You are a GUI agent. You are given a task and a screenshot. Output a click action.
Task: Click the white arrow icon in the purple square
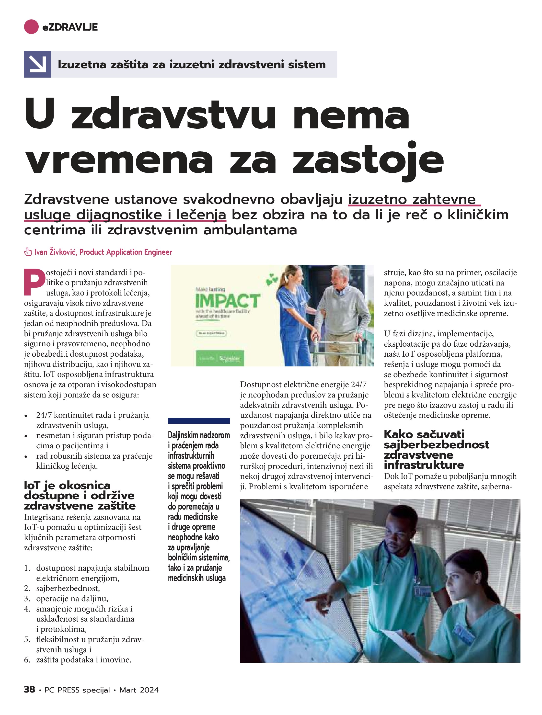[x=37, y=64]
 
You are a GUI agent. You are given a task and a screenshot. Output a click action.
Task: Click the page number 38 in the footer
[x=29, y=690]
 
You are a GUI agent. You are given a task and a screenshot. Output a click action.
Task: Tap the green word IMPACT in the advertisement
[x=227, y=301]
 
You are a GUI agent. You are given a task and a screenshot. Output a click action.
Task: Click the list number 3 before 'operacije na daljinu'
[x=27, y=598]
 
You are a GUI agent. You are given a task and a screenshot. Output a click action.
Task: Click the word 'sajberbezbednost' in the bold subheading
[x=436, y=444]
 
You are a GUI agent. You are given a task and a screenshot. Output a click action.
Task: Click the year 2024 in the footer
[x=150, y=690]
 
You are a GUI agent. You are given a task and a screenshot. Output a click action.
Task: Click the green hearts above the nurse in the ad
[x=272, y=279]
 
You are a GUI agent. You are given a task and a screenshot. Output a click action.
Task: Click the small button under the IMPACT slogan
[x=211, y=333]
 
